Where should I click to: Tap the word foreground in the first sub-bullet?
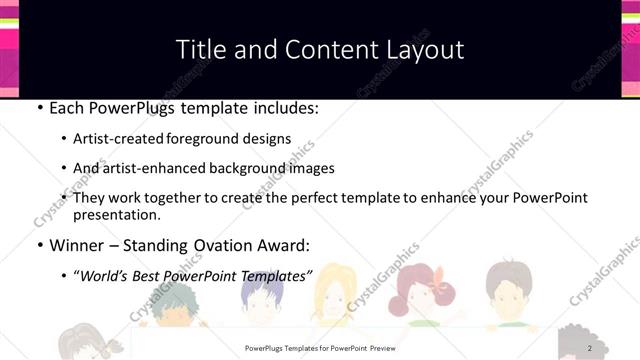[x=221, y=138]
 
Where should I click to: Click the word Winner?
[x=77, y=245]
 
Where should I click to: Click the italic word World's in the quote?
[x=107, y=275]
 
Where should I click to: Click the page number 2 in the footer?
[x=591, y=348]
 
